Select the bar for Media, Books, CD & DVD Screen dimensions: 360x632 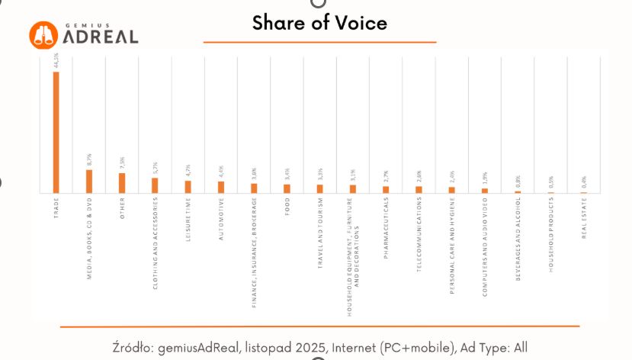click(x=89, y=182)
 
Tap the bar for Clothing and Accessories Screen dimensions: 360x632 click(x=155, y=185)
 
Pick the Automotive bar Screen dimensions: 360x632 click(x=221, y=187)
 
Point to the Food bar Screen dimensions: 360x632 click(x=287, y=188)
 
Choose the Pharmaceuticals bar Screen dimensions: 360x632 click(x=386, y=189)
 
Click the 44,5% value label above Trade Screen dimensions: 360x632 click(x=56, y=60)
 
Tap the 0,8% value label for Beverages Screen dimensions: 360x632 click(x=518, y=182)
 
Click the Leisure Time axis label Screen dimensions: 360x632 click(x=188, y=220)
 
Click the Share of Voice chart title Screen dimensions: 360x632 click(x=319, y=23)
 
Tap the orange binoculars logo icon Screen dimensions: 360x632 click(x=44, y=33)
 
